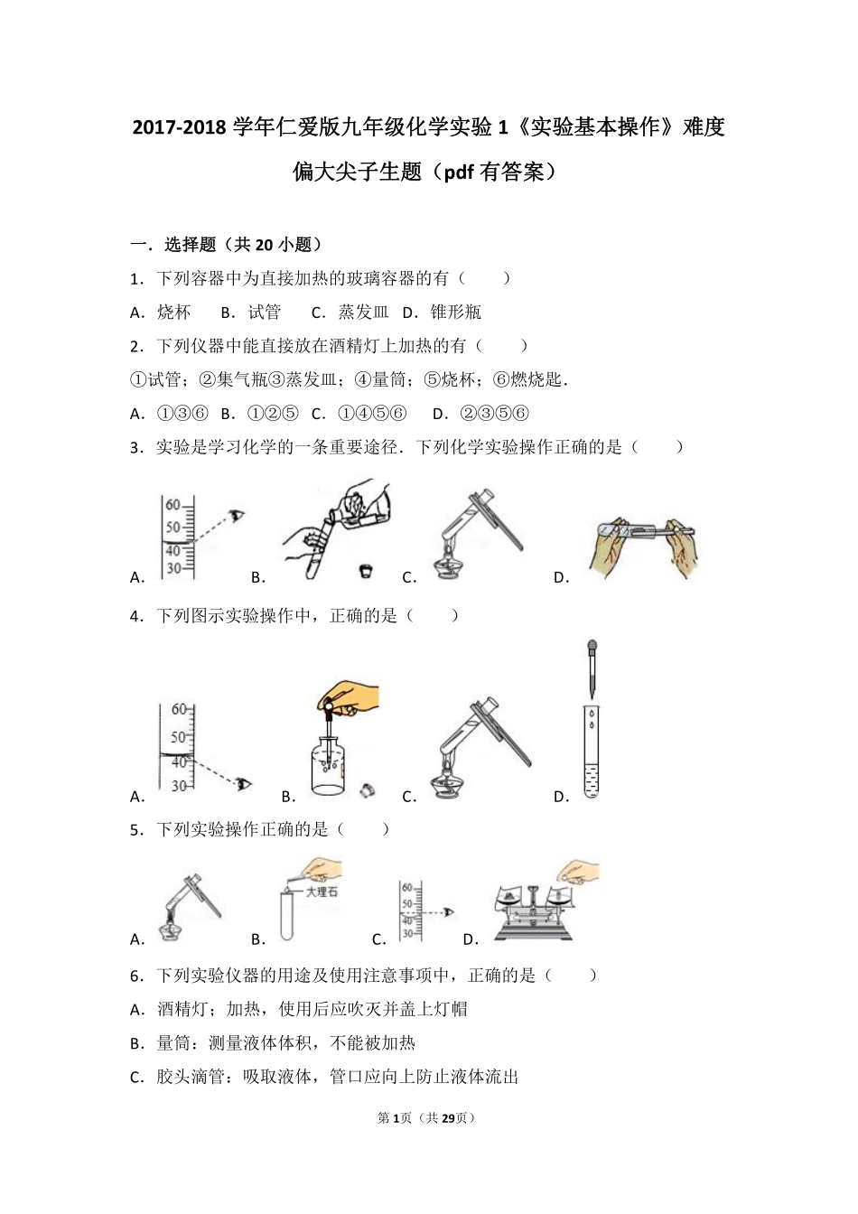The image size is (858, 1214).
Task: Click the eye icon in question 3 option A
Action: pyautogui.click(x=238, y=516)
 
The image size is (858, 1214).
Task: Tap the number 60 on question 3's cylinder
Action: pyautogui.click(x=173, y=506)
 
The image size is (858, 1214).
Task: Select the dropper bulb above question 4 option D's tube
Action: pyautogui.click(x=592, y=648)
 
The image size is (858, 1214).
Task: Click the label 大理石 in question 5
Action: pyautogui.click(x=322, y=892)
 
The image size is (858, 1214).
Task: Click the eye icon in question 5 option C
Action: pyautogui.click(x=449, y=914)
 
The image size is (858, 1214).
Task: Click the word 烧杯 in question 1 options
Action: pyautogui.click(x=174, y=313)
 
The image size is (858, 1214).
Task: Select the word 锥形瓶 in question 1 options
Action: pyautogui.click(x=455, y=313)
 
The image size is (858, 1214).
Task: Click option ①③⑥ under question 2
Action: pyautogui.click(x=182, y=414)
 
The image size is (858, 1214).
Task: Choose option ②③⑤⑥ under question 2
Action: pyautogui.click(x=494, y=414)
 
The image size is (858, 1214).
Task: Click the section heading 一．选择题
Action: pyautogui.click(x=173, y=244)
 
